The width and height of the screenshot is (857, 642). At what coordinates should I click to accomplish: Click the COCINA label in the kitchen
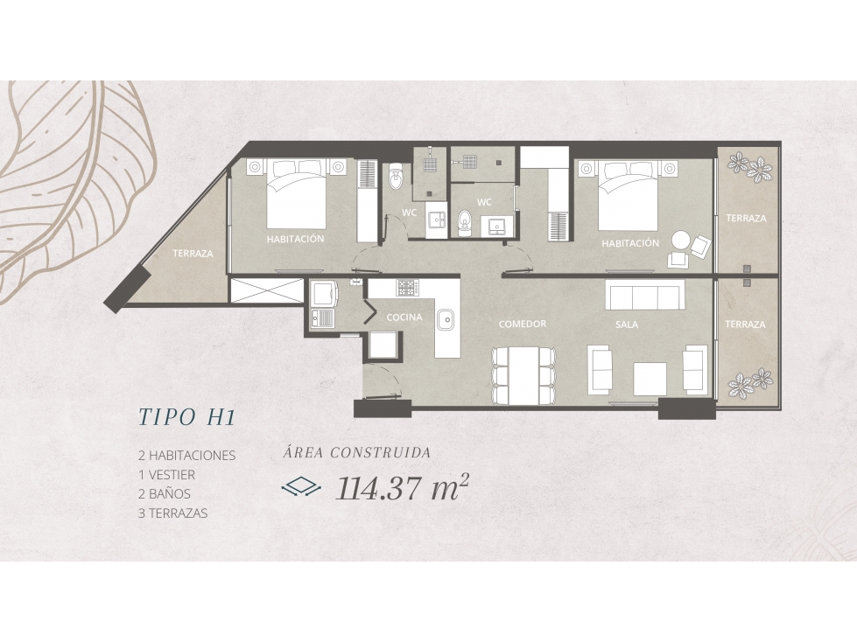404,318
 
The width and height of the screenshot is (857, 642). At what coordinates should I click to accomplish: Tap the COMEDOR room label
523,324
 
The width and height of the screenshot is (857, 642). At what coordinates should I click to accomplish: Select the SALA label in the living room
627,324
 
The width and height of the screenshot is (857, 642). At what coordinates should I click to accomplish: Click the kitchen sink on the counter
445,320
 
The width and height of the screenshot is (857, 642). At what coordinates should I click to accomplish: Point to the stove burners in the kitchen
408,287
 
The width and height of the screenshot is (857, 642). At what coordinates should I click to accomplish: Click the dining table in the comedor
523,375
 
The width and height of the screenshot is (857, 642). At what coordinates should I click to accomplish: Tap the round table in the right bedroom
681,241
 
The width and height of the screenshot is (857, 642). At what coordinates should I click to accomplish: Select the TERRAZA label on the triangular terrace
193,254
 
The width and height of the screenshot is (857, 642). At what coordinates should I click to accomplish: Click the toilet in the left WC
395,177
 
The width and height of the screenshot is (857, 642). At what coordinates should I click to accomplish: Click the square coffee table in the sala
650,379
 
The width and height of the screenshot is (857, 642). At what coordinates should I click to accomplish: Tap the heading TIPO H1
187,417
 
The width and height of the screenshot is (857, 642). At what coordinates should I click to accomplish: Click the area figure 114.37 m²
403,487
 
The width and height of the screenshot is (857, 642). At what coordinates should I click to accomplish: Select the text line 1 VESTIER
166,474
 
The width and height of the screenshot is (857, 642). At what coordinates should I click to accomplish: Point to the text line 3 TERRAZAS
172,513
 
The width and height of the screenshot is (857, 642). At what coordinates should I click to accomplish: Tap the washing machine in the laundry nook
324,294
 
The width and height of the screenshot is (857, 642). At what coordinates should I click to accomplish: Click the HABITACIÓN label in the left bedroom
295,239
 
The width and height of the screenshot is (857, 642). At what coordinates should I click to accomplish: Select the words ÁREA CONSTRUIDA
357,452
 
